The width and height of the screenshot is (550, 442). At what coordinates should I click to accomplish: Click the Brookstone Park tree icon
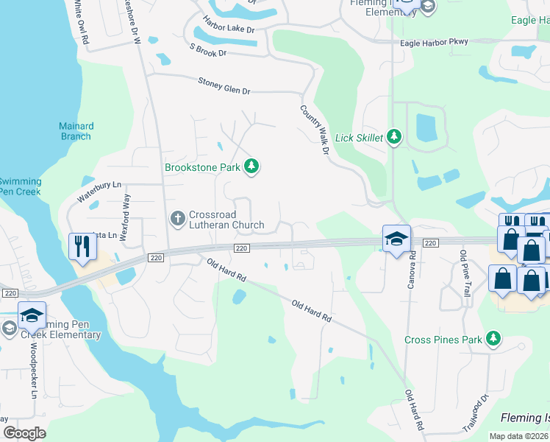coord(252,166)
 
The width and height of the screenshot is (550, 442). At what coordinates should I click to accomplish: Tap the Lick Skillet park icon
coord(395,137)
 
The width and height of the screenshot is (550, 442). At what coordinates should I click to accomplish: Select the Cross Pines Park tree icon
coord(494,339)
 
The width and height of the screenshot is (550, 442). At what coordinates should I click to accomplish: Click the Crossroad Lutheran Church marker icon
coord(176,218)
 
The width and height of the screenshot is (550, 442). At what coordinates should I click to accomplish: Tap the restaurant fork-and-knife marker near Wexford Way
coord(82,245)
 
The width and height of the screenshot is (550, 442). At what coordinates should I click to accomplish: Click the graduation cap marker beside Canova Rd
coord(396,239)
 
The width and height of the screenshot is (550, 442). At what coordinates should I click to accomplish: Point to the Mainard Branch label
coord(76,131)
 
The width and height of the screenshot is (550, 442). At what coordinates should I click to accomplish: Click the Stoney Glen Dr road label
coord(224,85)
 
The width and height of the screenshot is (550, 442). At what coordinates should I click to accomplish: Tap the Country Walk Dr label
coord(312,130)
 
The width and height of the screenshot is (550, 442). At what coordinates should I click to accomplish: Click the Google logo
coord(25,433)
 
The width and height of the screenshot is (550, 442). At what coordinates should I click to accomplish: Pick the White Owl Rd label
coord(80,15)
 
